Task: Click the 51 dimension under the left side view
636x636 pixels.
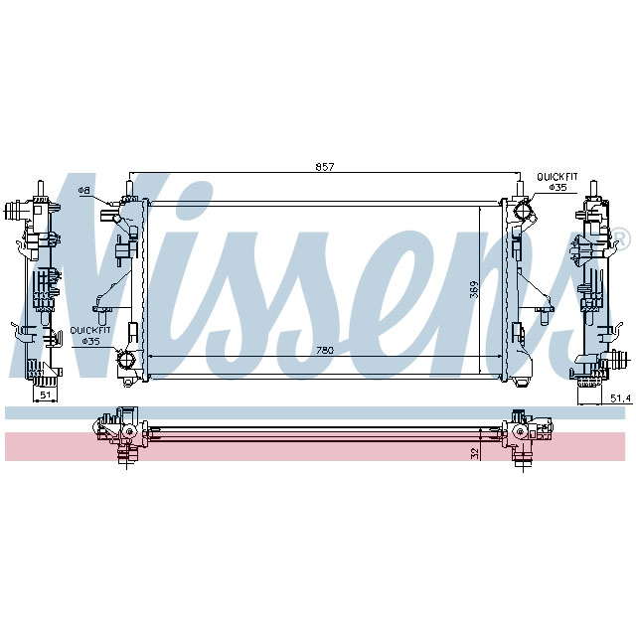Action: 45,395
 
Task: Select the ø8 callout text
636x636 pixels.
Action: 84,190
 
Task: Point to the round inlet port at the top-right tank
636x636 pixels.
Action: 524,212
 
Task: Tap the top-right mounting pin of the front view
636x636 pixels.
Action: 518,186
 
